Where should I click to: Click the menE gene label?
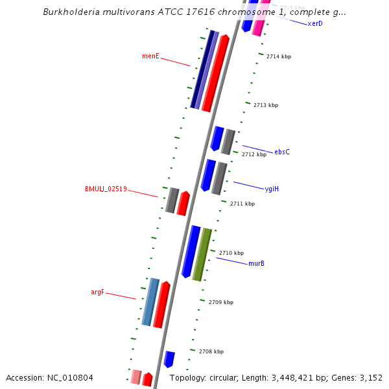pos(150,56)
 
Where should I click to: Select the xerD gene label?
pos(315,24)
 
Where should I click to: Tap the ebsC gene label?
pos(282,152)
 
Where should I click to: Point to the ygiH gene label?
pos(272,189)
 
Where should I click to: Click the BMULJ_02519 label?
pos(106,189)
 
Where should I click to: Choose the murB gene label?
pos(256,264)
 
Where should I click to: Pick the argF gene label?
pos(97,292)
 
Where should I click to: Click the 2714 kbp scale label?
pos(279,57)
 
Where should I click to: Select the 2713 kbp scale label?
pos(266,105)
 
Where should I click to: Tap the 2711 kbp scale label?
pos(242,204)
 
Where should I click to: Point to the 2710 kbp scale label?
pos(231,253)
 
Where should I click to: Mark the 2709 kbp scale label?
pos(221,302)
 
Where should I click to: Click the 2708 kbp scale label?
pos(211,351)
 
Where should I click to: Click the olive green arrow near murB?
pos(202,255)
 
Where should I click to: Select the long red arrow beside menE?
pos(215,73)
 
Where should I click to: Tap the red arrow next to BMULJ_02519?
pos(183,204)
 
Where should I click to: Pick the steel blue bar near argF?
pos(150,302)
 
